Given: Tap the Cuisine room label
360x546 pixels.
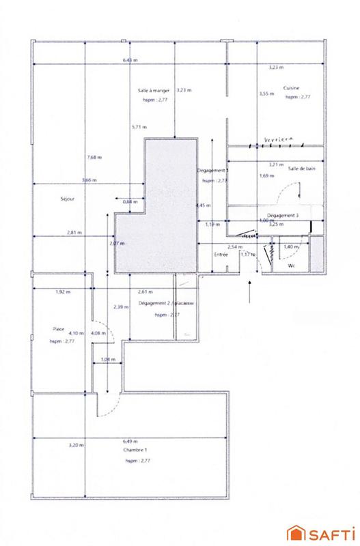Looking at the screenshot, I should click(293, 89).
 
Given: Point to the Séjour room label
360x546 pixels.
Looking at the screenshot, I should click(66, 199).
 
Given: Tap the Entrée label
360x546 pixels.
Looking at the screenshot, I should click(220, 255).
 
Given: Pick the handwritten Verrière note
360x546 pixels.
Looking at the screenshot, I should click(277, 139).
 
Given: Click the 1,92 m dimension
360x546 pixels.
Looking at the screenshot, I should click(63, 292).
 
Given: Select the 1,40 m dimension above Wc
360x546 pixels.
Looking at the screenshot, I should click(291, 246).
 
